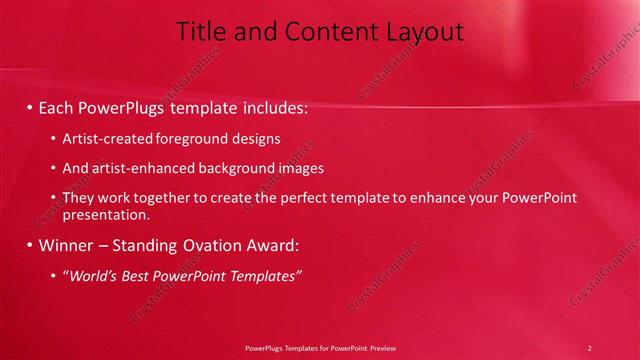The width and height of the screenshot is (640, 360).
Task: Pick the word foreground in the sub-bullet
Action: point(185,139)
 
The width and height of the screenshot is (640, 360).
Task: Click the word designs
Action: point(253,139)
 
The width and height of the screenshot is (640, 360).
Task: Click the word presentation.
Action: point(105,214)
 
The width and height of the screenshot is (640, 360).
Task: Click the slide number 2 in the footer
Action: point(590,348)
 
